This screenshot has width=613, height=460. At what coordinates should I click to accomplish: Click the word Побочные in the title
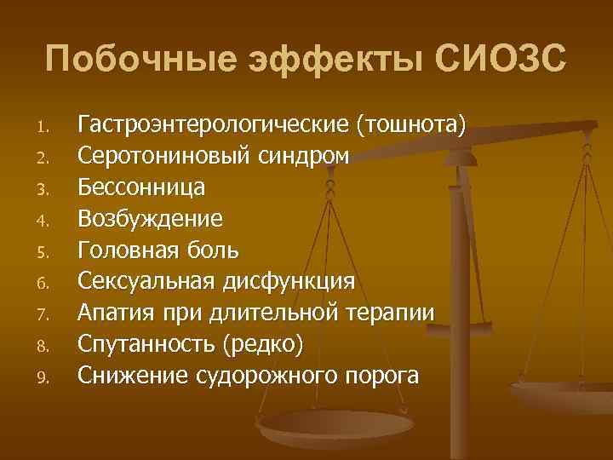point(135,60)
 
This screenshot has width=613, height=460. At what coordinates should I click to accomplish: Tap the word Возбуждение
point(151,219)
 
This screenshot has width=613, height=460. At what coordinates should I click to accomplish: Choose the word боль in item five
point(216,250)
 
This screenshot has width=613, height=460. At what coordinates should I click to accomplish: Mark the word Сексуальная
point(146,280)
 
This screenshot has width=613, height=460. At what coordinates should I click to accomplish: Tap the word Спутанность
point(146,342)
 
